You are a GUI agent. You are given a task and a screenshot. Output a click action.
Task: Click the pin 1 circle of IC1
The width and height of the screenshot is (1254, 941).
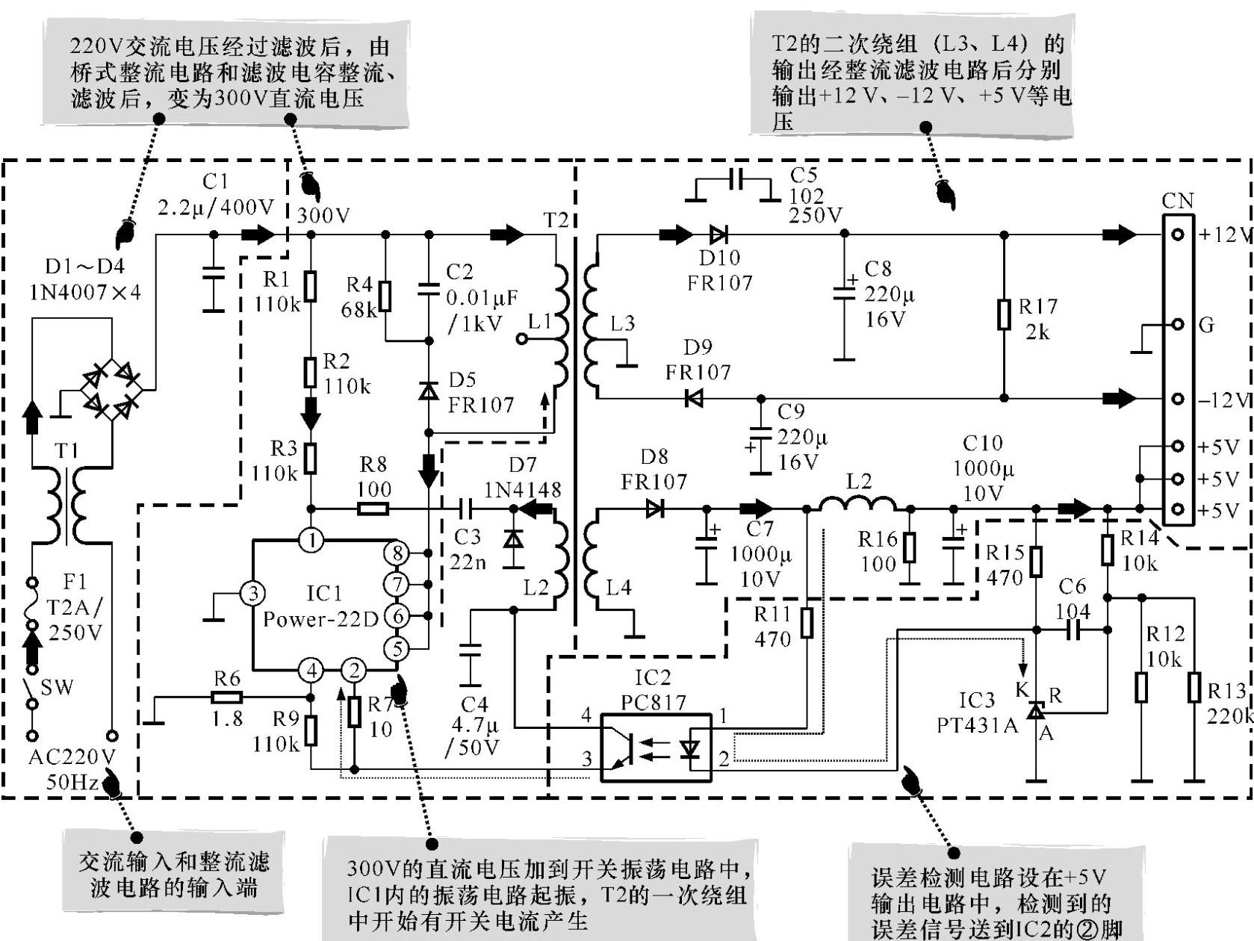click(311, 540)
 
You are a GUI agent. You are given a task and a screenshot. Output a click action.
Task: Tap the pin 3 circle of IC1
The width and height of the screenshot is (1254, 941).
click(252, 593)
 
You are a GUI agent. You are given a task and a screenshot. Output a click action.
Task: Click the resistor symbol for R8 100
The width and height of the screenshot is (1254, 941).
click(373, 508)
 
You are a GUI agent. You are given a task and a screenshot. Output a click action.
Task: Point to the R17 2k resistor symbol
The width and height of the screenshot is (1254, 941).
click(1004, 314)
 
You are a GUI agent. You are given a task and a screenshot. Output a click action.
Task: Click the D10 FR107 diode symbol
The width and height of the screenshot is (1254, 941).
click(718, 234)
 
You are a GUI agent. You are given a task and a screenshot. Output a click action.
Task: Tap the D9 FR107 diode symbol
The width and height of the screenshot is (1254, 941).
click(694, 398)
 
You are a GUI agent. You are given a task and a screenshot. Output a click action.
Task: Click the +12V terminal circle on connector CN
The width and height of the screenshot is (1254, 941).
click(1178, 234)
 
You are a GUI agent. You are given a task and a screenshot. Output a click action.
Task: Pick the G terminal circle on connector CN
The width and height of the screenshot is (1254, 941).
click(1178, 324)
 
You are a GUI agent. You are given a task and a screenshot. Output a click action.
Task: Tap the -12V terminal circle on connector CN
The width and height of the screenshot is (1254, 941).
click(1178, 399)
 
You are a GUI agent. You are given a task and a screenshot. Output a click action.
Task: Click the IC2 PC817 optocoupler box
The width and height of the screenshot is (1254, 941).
click(656, 748)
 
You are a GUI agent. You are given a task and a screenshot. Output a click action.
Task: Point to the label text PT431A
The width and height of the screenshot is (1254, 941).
click(977, 725)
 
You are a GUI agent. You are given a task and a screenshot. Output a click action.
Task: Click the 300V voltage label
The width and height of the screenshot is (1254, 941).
click(323, 215)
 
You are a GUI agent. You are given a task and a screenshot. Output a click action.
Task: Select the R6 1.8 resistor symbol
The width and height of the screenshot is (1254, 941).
click(227, 697)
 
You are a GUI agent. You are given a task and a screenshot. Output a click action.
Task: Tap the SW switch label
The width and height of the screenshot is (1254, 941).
click(57, 687)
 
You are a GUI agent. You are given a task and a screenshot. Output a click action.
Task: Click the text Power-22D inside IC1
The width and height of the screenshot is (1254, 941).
click(320, 620)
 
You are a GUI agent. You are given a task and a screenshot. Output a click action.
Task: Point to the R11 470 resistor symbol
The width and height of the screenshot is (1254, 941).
click(807, 623)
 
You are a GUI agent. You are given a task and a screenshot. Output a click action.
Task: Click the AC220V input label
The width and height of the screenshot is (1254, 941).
click(72, 757)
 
